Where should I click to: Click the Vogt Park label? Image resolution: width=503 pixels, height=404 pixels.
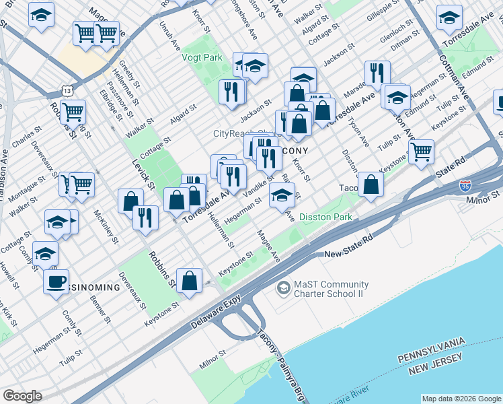pos(202,58)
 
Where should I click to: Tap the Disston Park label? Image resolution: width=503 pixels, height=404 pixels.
pos(325,217)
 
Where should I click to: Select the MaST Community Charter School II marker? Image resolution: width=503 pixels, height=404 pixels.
pos(284,288)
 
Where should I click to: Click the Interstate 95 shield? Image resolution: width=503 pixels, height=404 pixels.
pos(465,185)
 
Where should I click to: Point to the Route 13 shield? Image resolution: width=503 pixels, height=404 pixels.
pos(66,90)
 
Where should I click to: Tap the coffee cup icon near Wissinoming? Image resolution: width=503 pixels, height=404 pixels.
pos(56,280)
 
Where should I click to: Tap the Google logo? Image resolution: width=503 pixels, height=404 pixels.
pos(22,396)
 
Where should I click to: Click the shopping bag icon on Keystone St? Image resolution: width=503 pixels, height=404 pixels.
pos(190,280)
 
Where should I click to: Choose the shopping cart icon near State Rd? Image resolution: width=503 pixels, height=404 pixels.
pos(421,151)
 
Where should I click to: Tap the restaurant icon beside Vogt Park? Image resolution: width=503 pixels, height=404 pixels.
pos(232,92)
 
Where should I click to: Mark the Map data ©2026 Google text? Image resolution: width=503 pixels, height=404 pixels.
pos(461,399)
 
